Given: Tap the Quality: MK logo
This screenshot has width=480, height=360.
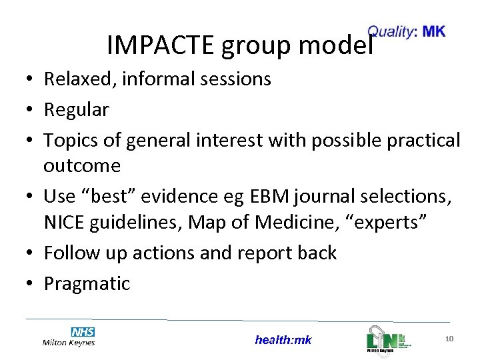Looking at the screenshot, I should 407,31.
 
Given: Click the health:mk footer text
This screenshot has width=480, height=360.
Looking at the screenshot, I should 283,340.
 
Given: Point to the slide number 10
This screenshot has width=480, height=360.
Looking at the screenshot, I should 449,339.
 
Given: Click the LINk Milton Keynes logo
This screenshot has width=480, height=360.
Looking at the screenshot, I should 387,339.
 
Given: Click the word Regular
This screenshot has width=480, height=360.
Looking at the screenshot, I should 76,110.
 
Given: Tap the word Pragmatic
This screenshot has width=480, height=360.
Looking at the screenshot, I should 87,284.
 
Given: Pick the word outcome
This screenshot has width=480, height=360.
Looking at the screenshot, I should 82,166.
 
